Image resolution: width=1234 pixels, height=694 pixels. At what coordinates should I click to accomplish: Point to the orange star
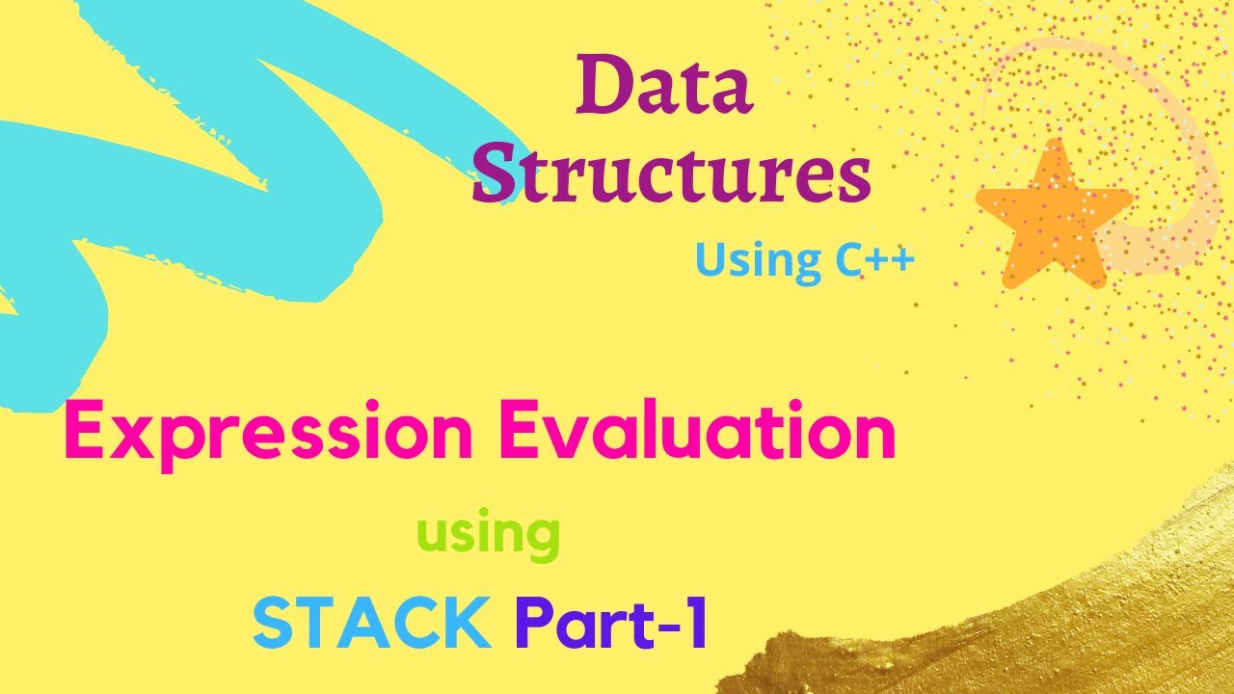point(1054,218)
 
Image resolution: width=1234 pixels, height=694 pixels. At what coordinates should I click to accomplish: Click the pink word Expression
point(268,434)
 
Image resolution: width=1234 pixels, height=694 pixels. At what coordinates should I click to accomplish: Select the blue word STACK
point(371,622)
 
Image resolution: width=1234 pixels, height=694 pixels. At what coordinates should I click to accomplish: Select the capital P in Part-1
point(535,622)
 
